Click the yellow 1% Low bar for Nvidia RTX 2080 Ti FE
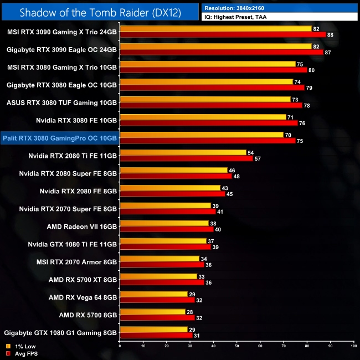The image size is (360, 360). (x=183, y=152)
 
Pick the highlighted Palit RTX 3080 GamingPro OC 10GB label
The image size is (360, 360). (x=60, y=138)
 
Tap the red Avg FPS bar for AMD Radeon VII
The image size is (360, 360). (x=167, y=229)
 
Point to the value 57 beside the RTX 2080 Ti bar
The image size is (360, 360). (x=258, y=159)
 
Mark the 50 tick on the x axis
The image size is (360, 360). (x=236, y=346)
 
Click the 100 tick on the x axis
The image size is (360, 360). (x=353, y=346)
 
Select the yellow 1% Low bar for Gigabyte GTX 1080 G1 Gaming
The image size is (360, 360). (x=153, y=330)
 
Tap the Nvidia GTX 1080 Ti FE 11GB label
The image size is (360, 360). (x=73, y=244)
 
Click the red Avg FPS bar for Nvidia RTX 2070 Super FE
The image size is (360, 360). (x=168, y=212)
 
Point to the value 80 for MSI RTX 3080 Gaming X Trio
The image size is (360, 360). (x=311, y=70)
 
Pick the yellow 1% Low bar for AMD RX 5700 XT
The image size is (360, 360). (x=158, y=276)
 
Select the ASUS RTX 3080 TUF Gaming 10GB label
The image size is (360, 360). (x=61, y=102)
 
